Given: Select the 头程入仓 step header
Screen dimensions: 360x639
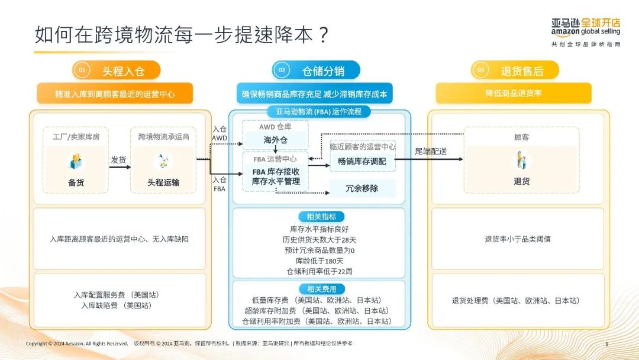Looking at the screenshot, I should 123,70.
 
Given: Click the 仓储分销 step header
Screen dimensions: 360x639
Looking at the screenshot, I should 322,70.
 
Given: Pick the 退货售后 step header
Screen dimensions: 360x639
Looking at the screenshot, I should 521,70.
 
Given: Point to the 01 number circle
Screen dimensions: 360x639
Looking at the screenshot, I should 82,70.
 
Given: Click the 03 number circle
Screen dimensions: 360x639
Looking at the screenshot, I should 480,70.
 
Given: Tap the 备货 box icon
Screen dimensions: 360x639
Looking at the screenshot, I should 76,161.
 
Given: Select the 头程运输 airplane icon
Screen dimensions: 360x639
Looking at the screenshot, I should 163,161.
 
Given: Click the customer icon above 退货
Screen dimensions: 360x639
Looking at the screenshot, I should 521,160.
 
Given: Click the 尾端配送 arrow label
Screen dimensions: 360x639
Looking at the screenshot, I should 430,152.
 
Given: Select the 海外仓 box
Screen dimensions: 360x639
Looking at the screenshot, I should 275,140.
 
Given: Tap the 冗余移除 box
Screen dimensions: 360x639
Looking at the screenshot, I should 362,188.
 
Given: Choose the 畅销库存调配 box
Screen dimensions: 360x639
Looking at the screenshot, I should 362,160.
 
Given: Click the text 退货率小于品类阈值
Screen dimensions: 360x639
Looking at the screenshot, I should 518,239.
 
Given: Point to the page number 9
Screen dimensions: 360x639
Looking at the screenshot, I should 606,344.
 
